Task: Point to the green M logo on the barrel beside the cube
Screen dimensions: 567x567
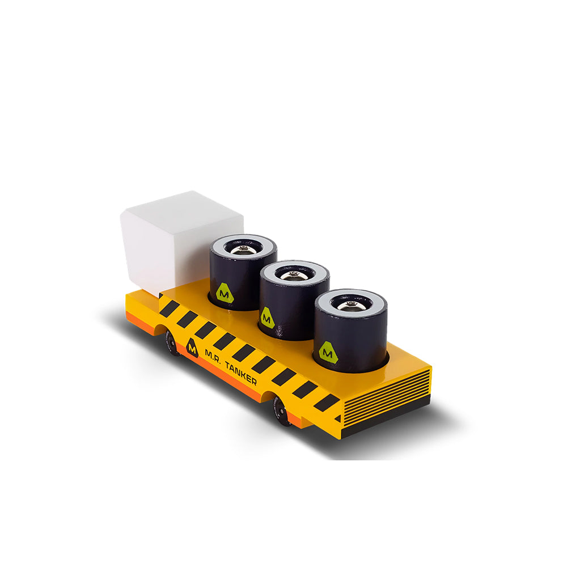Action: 225,293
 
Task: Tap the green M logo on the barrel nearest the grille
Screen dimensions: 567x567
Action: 328,352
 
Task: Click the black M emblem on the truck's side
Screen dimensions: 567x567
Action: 192,346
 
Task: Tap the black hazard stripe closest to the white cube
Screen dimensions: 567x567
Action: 169,308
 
